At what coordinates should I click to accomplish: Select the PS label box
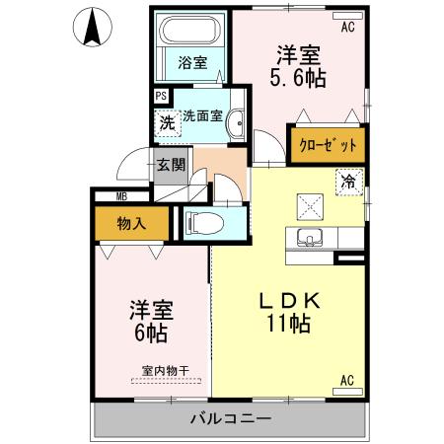tap(160, 97)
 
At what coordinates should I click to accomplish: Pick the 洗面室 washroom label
tap(202, 115)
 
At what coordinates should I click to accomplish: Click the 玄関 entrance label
tap(171, 165)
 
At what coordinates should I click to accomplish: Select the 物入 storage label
tap(130, 223)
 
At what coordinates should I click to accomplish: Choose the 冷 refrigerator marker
tap(348, 182)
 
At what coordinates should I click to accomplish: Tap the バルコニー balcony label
tap(229, 420)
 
